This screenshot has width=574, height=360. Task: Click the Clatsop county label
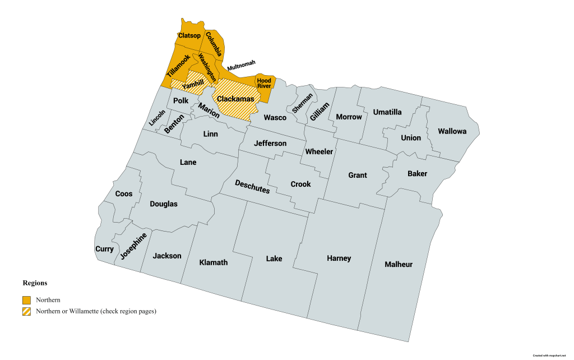coord(189,36)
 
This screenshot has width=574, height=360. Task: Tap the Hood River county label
coord(264,83)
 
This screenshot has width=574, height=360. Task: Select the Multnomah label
coord(241,64)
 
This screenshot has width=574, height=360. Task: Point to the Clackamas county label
coord(235,99)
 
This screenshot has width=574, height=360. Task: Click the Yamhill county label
coord(193,85)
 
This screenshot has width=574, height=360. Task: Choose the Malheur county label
coord(399,264)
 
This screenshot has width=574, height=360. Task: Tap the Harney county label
coord(339,258)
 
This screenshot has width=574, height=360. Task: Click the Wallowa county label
coord(452,131)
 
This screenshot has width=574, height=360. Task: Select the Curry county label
coord(105,249)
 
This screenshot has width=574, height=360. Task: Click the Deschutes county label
coord(252,187)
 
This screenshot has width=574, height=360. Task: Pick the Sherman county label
coord(302,101)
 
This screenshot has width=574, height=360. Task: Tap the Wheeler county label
coord(319,151)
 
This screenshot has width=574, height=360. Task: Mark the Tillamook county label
coord(178,66)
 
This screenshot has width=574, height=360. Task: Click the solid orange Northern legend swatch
coord(26,300)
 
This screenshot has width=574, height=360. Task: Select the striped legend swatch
coord(26,311)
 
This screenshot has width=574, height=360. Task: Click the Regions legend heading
coord(35,283)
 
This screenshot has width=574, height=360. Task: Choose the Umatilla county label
coord(387,112)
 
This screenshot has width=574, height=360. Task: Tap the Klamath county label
coord(214,262)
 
